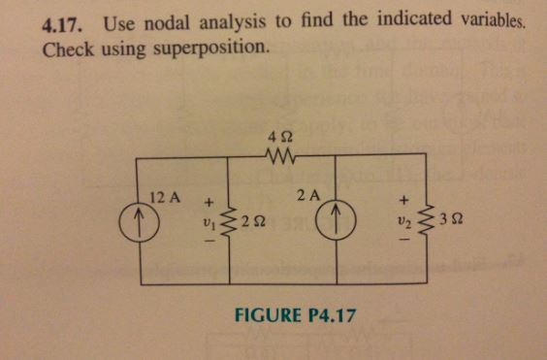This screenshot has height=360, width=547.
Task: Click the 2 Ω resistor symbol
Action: pos(227,222)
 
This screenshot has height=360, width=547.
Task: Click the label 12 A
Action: pos(166,196)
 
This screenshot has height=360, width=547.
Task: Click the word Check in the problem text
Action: pos(66,47)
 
